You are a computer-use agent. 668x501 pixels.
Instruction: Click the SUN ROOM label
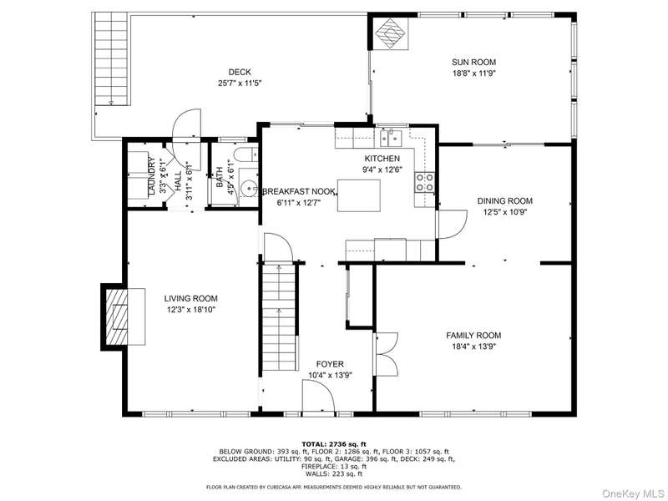pyautogui.click(x=473, y=62)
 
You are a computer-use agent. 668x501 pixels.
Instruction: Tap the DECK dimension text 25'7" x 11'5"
pyautogui.click(x=240, y=83)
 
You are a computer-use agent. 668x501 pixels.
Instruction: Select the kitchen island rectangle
pyautogui.click(x=359, y=195)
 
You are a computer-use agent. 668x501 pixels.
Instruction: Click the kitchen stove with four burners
pyautogui.click(x=425, y=182)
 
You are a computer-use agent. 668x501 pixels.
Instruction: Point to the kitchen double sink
pyautogui.click(x=391, y=138)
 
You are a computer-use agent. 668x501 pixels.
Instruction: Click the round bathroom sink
pyautogui.click(x=247, y=189)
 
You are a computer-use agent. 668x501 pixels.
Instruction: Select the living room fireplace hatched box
pyautogui.click(x=115, y=316)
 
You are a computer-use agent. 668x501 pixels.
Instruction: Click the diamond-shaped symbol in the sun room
pyautogui.click(x=392, y=33)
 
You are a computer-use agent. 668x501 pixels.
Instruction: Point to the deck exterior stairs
pyautogui.click(x=110, y=58)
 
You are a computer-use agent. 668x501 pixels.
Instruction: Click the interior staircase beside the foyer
pyautogui.click(x=279, y=317)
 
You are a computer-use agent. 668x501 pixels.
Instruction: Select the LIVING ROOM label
pyautogui.click(x=191, y=299)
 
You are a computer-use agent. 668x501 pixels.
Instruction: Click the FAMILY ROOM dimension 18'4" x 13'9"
pyautogui.click(x=473, y=347)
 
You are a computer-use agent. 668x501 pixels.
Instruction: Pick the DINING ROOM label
pyautogui.click(x=505, y=201)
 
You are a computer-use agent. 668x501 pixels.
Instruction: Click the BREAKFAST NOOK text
pyautogui.click(x=299, y=192)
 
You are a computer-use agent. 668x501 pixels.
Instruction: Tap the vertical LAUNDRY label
pyautogui.click(x=151, y=176)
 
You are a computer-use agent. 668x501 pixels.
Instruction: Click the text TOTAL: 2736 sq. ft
pyautogui.click(x=334, y=444)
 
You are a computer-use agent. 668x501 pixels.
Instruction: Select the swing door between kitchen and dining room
pyautogui.click(x=452, y=225)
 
